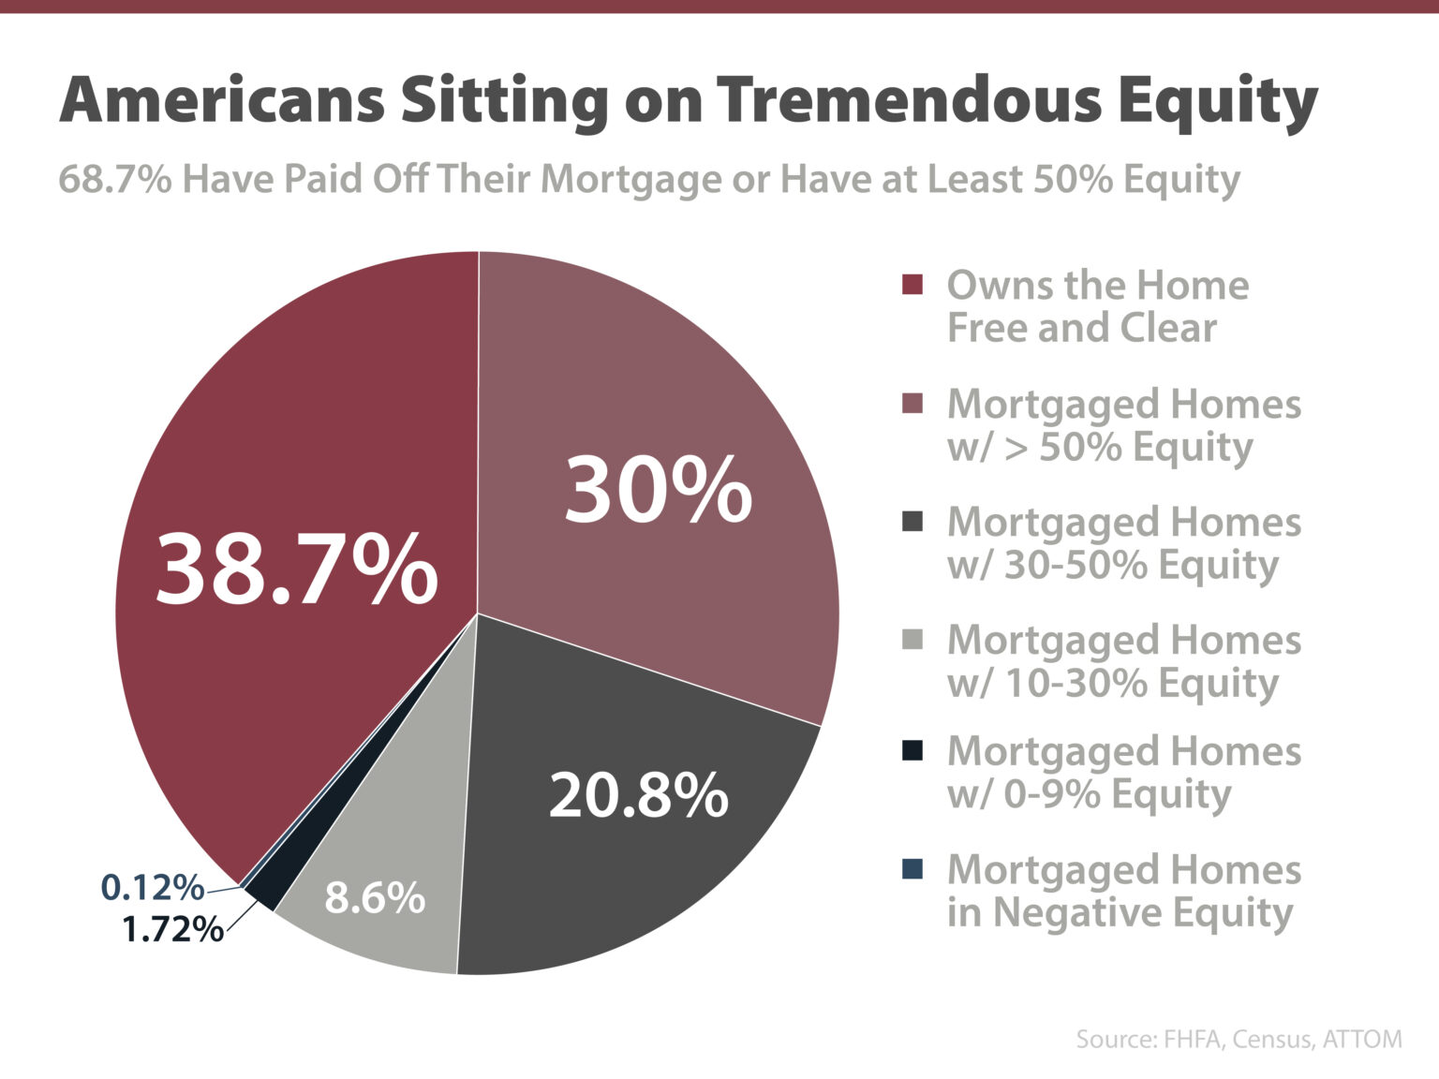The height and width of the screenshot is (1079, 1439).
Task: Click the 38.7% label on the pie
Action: coord(296,569)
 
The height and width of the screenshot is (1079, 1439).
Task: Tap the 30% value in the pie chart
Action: coord(658,490)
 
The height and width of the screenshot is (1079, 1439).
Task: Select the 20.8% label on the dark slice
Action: coord(638,795)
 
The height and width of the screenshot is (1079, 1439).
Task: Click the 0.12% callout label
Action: coord(152,887)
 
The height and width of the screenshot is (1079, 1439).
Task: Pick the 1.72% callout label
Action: coord(172,929)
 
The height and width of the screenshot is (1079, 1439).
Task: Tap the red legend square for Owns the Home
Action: coord(912,285)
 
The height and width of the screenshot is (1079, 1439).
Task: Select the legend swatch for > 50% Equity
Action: coord(912,404)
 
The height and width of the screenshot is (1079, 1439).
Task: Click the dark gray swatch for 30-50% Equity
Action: coord(912,522)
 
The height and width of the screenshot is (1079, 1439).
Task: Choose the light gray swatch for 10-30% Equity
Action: coord(912,640)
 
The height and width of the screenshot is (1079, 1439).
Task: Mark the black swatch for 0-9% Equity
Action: coord(912,750)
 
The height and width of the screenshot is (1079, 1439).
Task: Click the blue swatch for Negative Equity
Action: coord(912,869)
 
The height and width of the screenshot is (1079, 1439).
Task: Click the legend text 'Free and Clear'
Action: coord(1081,328)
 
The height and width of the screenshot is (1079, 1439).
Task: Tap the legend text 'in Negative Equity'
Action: coord(1120,912)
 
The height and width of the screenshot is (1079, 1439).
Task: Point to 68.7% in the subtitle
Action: coord(114,178)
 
